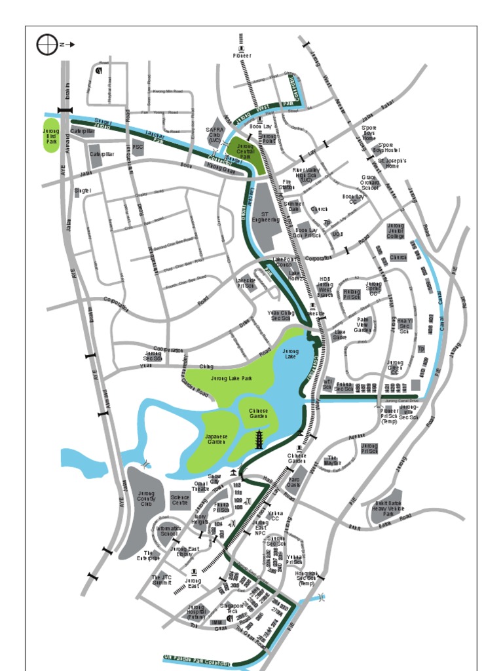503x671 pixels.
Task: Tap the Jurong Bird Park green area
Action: pyautogui.click(x=51, y=136)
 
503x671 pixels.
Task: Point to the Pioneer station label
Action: pyautogui.click(x=242, y=56)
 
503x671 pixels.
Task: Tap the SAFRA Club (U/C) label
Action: pyautogui.click(x=215, y=135)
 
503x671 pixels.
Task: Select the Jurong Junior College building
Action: pyautogui.click(x=396, y=231)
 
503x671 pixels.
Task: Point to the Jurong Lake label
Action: pyautogui.click(x=291, y=355)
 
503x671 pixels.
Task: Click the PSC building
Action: pyautogui.click(x=138, y=147)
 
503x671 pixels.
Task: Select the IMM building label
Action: pyautogui.click(x=215, y=622)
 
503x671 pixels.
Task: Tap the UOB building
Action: pyautogui.click(x=337, y=233)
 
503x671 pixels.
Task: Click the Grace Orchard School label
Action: pyautogui.click(x=370, y=182)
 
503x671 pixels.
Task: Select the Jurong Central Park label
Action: pyautogui.click(x=245, y=152)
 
